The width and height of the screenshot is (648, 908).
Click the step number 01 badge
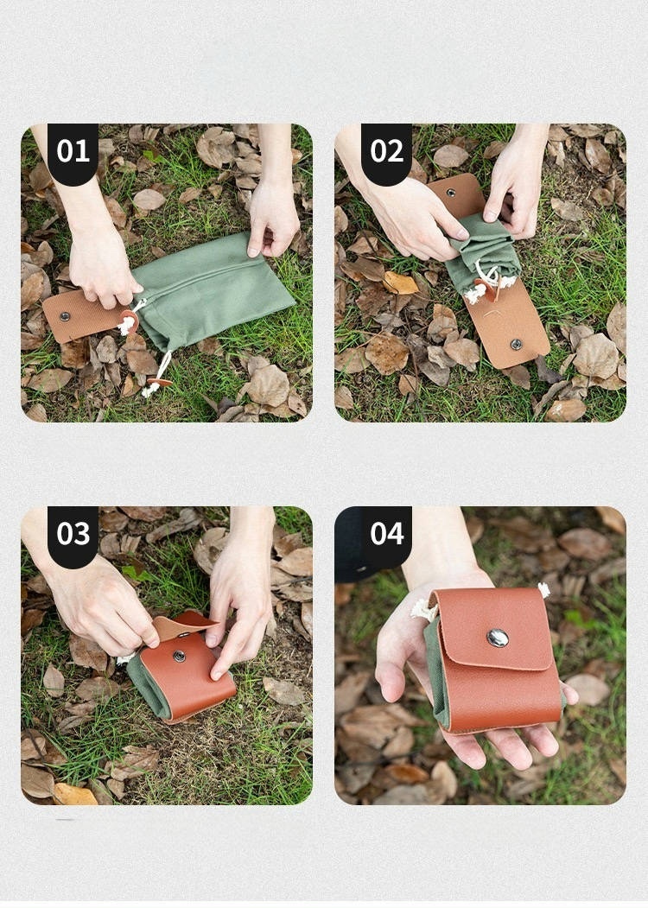(73, 152)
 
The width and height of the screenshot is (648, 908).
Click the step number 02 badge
(386, 152)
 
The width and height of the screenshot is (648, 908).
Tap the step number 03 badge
(73, 535)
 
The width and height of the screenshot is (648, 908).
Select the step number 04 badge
(386, 535)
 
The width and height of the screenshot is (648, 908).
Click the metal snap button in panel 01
(65, 316)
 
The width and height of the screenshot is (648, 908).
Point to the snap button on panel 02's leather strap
(516, 345)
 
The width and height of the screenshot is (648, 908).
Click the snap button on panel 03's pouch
(180, 656)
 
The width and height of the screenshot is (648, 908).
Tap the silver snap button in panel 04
(498, 638)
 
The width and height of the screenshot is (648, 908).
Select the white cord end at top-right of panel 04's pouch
(543, 590)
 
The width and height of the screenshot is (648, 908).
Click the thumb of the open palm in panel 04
(391, 666)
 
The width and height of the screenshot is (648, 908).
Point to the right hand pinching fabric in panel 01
(272, 214)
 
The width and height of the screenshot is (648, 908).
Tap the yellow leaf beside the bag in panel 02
(399, 283)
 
